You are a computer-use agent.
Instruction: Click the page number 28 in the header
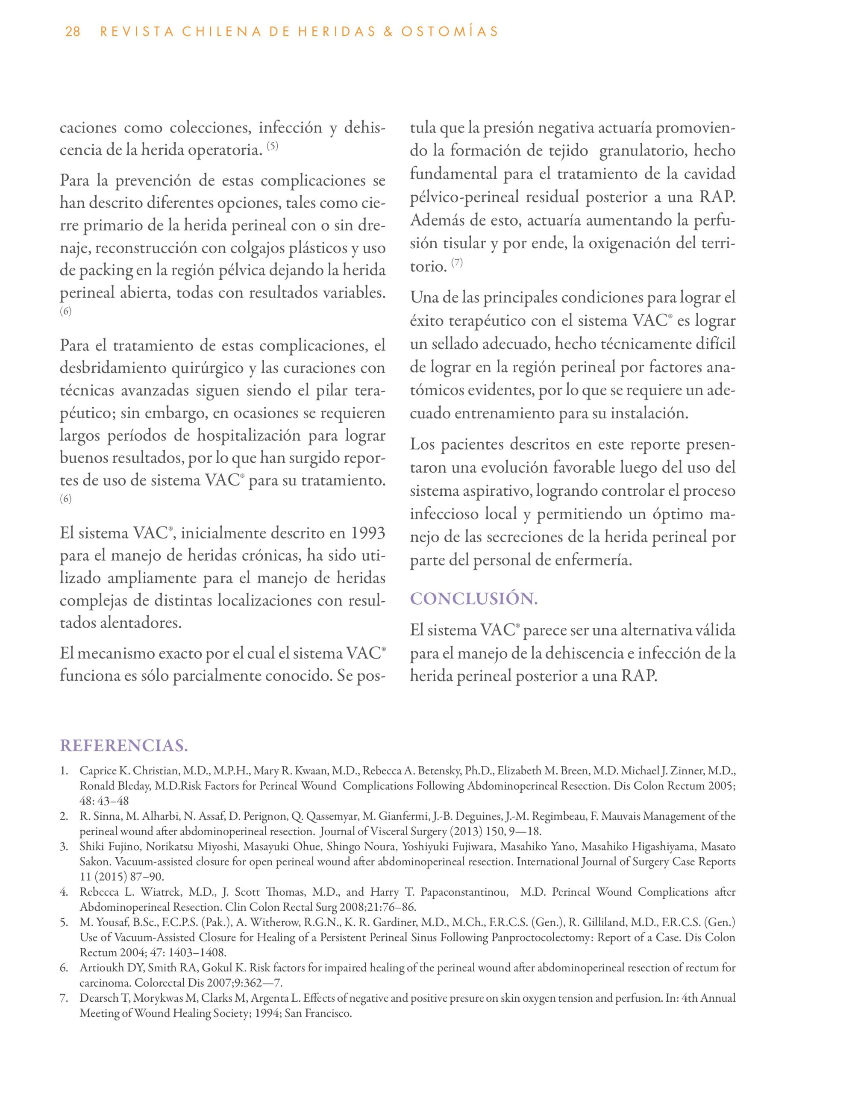pyautogui.click(x=73, y=32)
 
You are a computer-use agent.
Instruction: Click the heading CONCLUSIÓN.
pyautogui.click(x=474, y=599)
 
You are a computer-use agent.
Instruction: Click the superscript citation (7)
pyautogui.click(x=457, y=262)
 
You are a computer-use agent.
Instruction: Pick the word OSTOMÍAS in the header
pyautogui.click(x=450, y=32)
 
